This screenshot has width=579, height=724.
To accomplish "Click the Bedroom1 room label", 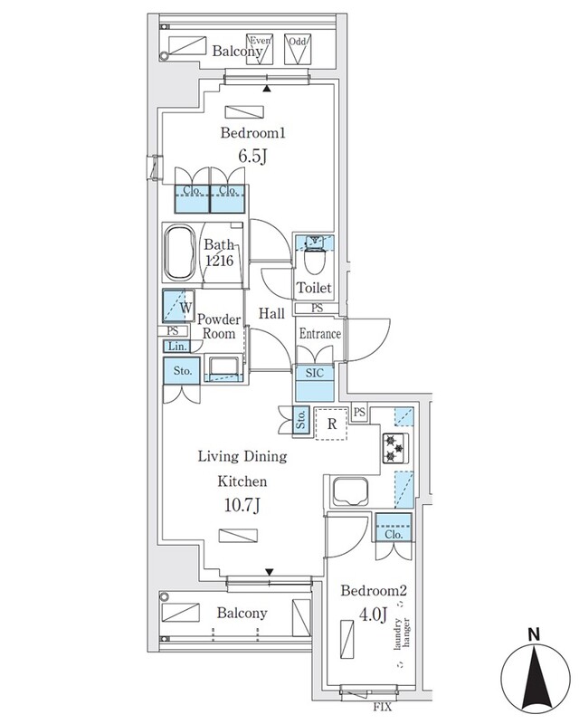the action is coord(252,133).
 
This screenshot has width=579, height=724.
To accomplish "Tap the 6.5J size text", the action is coord(252,156).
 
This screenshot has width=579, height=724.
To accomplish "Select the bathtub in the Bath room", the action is coord(179,252).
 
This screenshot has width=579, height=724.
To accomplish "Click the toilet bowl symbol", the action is coord(315,261).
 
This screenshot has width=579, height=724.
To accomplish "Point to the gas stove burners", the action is coord(395,448).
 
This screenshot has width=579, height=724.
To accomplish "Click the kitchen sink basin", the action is coord(350,491).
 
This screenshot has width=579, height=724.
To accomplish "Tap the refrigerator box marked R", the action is coord(331,424).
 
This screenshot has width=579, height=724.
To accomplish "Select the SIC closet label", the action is coord(315,373).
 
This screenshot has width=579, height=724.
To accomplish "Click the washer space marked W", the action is coord(179,306).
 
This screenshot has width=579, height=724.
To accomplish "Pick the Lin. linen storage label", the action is coord(177,347).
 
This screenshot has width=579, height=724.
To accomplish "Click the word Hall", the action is coord(271,313).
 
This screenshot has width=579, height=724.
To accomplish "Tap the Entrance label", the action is coord(320,333).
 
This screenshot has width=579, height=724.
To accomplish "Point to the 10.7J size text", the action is coord(242,506).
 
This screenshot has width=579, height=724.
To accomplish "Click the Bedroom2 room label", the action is coord(374,591).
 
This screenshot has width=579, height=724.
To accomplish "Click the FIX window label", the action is coord(383,707).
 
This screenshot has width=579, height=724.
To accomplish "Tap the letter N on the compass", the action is coord(534,634).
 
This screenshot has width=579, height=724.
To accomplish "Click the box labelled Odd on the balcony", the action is coord(298,49).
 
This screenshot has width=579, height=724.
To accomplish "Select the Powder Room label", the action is coord(219,327).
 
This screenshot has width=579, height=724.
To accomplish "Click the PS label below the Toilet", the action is coord(317,308).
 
